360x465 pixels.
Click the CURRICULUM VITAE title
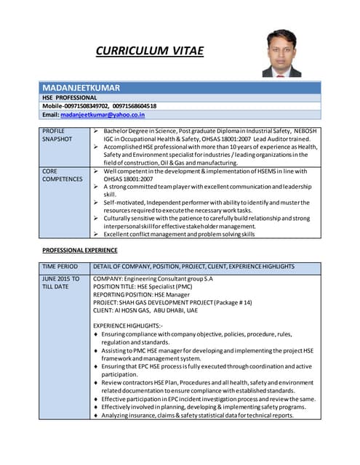coord(149,51)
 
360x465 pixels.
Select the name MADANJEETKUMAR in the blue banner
coord(81,86)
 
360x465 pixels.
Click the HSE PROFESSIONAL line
coord(69,97)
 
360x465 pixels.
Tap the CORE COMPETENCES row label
coord(62,174)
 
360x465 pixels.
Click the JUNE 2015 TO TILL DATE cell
coord(61,283)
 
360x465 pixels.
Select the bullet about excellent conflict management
coord(178,235)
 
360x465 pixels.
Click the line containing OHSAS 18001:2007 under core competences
coord(129,179)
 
